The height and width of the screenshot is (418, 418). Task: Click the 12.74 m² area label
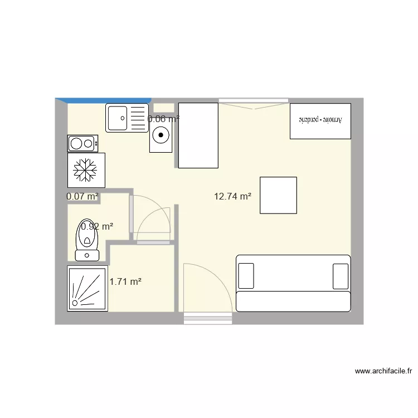tap(232, 196)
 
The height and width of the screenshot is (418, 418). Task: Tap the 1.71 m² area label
tap(125, 282)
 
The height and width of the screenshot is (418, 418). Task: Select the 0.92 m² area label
tap(97, 226)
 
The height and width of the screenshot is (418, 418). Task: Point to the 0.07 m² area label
tap(82, 196)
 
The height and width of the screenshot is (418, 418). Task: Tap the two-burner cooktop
tap(82, 144)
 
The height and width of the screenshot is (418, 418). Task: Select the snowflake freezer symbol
tap(86, 170)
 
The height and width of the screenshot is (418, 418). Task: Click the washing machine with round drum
tap(161, 134)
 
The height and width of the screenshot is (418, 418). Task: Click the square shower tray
tap(88, 288)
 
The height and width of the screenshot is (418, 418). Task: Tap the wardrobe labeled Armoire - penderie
tap(320, 120)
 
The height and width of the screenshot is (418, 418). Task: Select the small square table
tap(278, 195)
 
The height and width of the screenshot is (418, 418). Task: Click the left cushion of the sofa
tap(246, 276)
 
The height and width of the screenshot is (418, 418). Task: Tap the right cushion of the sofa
tap(341, 276)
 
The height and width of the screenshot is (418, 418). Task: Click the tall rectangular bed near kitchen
tap(198, 135)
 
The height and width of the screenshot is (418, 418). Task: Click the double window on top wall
tap(254, 101)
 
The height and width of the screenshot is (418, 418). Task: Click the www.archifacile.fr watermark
tap(383, 371)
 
